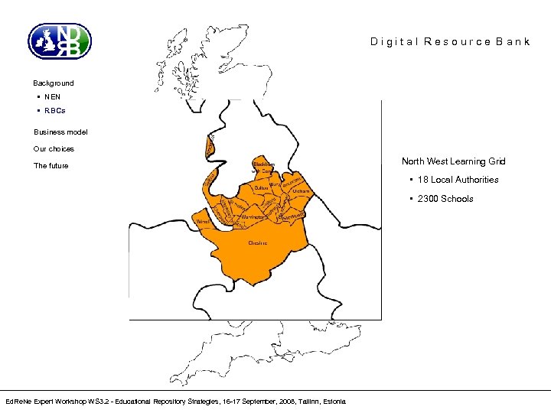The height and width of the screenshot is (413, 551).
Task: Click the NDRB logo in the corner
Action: click(x=60, y=41)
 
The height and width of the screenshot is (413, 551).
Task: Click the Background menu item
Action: click(x=54, y=83)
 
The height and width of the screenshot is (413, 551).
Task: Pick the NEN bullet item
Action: click(x=52, y=97)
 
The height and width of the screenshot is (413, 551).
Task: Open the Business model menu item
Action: click(x=60, y=132)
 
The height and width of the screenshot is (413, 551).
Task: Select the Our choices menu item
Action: click(x=54, y=148)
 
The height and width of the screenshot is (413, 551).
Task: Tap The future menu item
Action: click(x=51, y=165)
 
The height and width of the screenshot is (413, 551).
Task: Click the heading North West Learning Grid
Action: click(x=454, y=161)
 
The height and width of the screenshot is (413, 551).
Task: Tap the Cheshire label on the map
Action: click(x=258, y=242)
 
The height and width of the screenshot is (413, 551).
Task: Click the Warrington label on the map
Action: click(x=253, y=218)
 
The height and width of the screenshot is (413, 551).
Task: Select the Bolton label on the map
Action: click(x=261, y=187)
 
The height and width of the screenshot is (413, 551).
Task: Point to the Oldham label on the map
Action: click(x=301, y=191)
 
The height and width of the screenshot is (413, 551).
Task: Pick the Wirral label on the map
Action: click(x=203, y=222)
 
